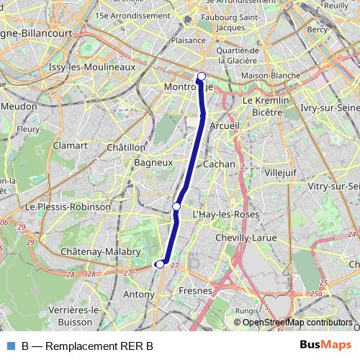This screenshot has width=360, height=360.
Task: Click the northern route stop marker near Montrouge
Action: [x=202, y=76]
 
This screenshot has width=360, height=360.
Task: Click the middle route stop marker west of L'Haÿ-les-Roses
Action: [x=176, y=207]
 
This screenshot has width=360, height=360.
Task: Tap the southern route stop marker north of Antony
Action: [x=160, y=264]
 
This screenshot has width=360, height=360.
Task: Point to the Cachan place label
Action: [x=220, y=164]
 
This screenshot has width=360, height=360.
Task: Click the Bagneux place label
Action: [x=152, y=163]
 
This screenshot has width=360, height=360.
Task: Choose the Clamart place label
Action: [x=70, y=145]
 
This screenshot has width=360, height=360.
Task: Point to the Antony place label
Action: [x=139, y=294]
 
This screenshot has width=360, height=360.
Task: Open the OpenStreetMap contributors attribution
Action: [x=297, y=323]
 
